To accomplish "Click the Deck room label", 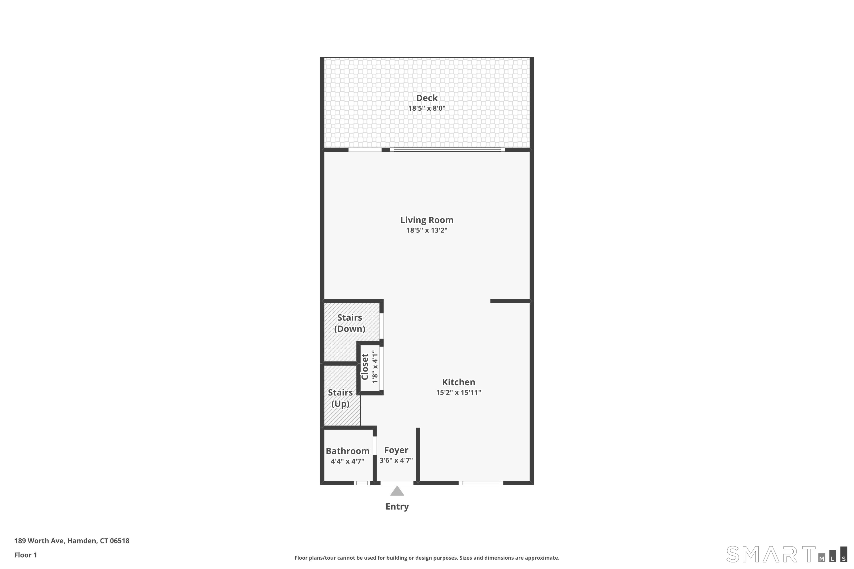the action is (x=427, y=98).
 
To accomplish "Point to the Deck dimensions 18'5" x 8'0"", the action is (x=427, y=108).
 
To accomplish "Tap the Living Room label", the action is (x=427, y=220).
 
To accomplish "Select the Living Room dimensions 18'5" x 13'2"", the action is (x=427, y=230).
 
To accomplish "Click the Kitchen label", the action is (x=459, y=382).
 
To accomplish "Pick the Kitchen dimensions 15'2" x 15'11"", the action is (x=459, y=392).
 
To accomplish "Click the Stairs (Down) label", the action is (x=350, y=323).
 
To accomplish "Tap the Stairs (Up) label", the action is (x=340, y=398).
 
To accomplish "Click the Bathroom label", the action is (x=348, y=451).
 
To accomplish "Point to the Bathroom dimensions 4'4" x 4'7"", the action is (x=348, y=461).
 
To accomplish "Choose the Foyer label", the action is (x=396, y=450).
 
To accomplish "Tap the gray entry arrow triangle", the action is (x=397, y=491).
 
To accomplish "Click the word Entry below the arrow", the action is (x=397, y=507).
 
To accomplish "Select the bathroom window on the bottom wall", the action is (x=362, y=483).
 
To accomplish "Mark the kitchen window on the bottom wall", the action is (x=481, y=483).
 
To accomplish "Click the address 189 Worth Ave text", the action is (x=72, y=541).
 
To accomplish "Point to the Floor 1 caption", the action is (x=26, y=555).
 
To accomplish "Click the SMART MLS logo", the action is (x=787, y=554).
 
